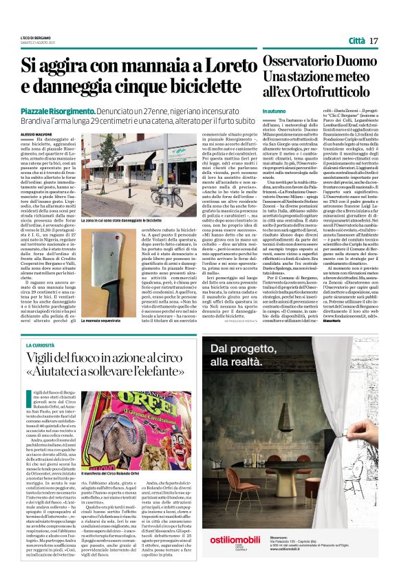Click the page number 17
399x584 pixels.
[x=374, y=41]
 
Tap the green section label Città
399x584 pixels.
[x=356, y=41]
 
